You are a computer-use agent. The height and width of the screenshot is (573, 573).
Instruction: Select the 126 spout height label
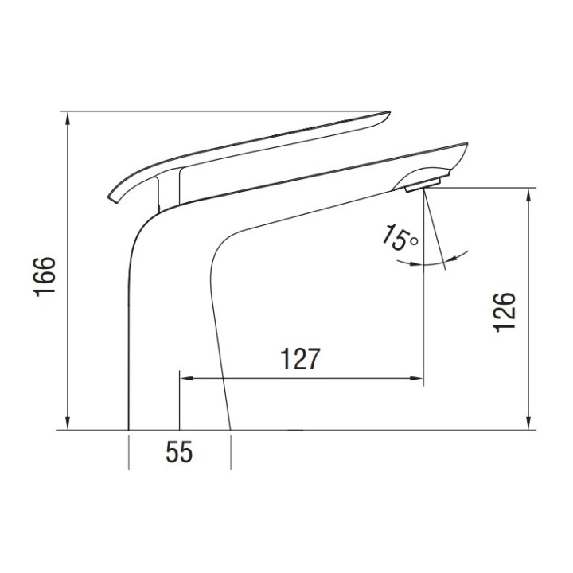click(505, 310)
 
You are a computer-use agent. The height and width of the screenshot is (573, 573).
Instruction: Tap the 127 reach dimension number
click(299, 360)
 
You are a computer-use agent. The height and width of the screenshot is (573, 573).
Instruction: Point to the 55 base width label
click(180, 454)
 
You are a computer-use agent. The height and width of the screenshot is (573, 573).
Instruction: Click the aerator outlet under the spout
click(420, 187)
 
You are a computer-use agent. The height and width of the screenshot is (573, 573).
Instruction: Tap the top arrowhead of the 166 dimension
click(70, 116)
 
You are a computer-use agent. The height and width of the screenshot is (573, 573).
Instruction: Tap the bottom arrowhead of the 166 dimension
click(70, 425)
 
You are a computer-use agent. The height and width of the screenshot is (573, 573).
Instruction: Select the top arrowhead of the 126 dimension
click(528, 193)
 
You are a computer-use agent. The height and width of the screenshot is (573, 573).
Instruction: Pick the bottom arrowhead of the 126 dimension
click(528, 425)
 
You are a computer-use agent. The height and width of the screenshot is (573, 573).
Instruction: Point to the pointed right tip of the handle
click(388, 112)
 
